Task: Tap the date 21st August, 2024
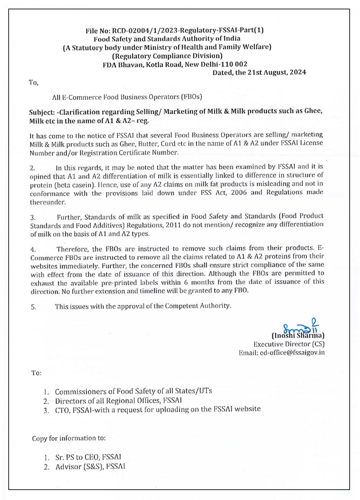coord(277,72)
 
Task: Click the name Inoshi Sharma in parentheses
coord(298,335)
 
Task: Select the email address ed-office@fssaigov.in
coord(292,353)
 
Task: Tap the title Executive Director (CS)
coord(289,344)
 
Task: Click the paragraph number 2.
coord(32,168)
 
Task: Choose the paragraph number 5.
coord(34,307)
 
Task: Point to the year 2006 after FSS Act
coord(239,193)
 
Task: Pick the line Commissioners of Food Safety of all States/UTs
coord(133,391)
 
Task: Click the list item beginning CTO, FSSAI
coord(158,410)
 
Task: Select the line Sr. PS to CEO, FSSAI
coord(88,457)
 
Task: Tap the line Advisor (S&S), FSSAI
coord(90,467)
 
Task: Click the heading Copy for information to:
coord(69,438)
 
